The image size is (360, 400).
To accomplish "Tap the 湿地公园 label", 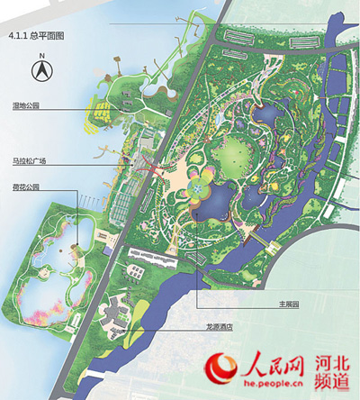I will pos(25,106).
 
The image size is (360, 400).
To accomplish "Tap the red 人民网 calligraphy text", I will pos(269,364).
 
